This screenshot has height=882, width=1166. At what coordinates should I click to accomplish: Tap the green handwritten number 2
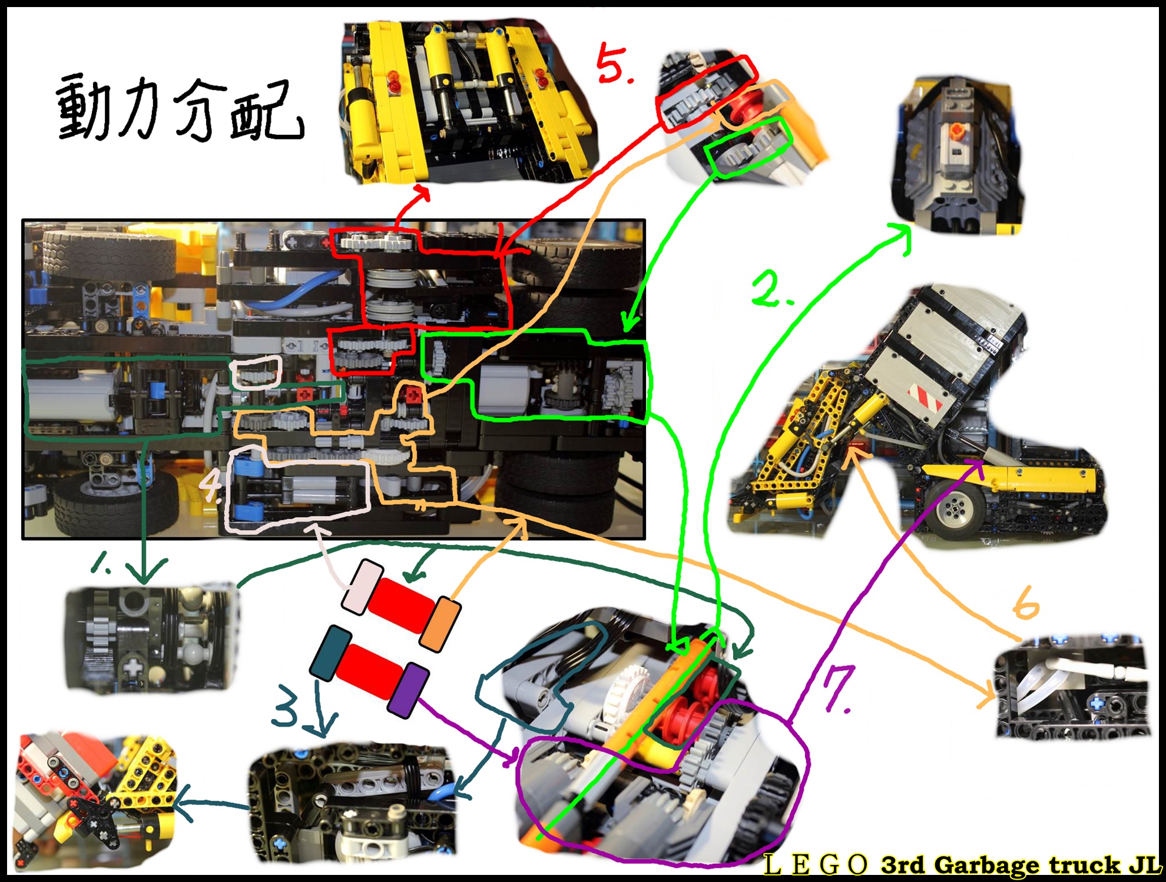(x=772, y=290)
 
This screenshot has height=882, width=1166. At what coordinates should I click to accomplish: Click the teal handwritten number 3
(x=286, y=705)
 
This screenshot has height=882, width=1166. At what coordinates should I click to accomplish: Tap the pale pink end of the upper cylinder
(x=363, y=587)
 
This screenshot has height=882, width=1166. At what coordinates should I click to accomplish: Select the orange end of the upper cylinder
(x=440, y=625)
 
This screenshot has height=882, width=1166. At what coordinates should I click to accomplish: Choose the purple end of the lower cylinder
(x=408, y=690)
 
